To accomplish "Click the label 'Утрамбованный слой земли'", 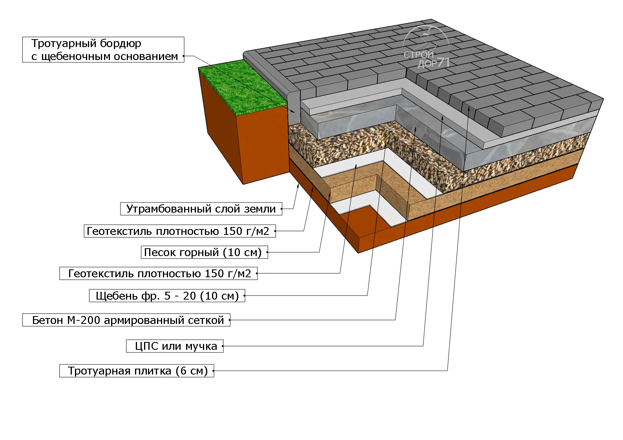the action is point(201,209).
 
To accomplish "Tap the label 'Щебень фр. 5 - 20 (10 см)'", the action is point(167,296).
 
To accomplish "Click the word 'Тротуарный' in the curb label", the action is point(64,44).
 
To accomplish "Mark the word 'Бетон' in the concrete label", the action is point(47,320).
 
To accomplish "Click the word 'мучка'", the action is point(201,346).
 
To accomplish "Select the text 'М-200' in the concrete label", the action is point(84,320).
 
